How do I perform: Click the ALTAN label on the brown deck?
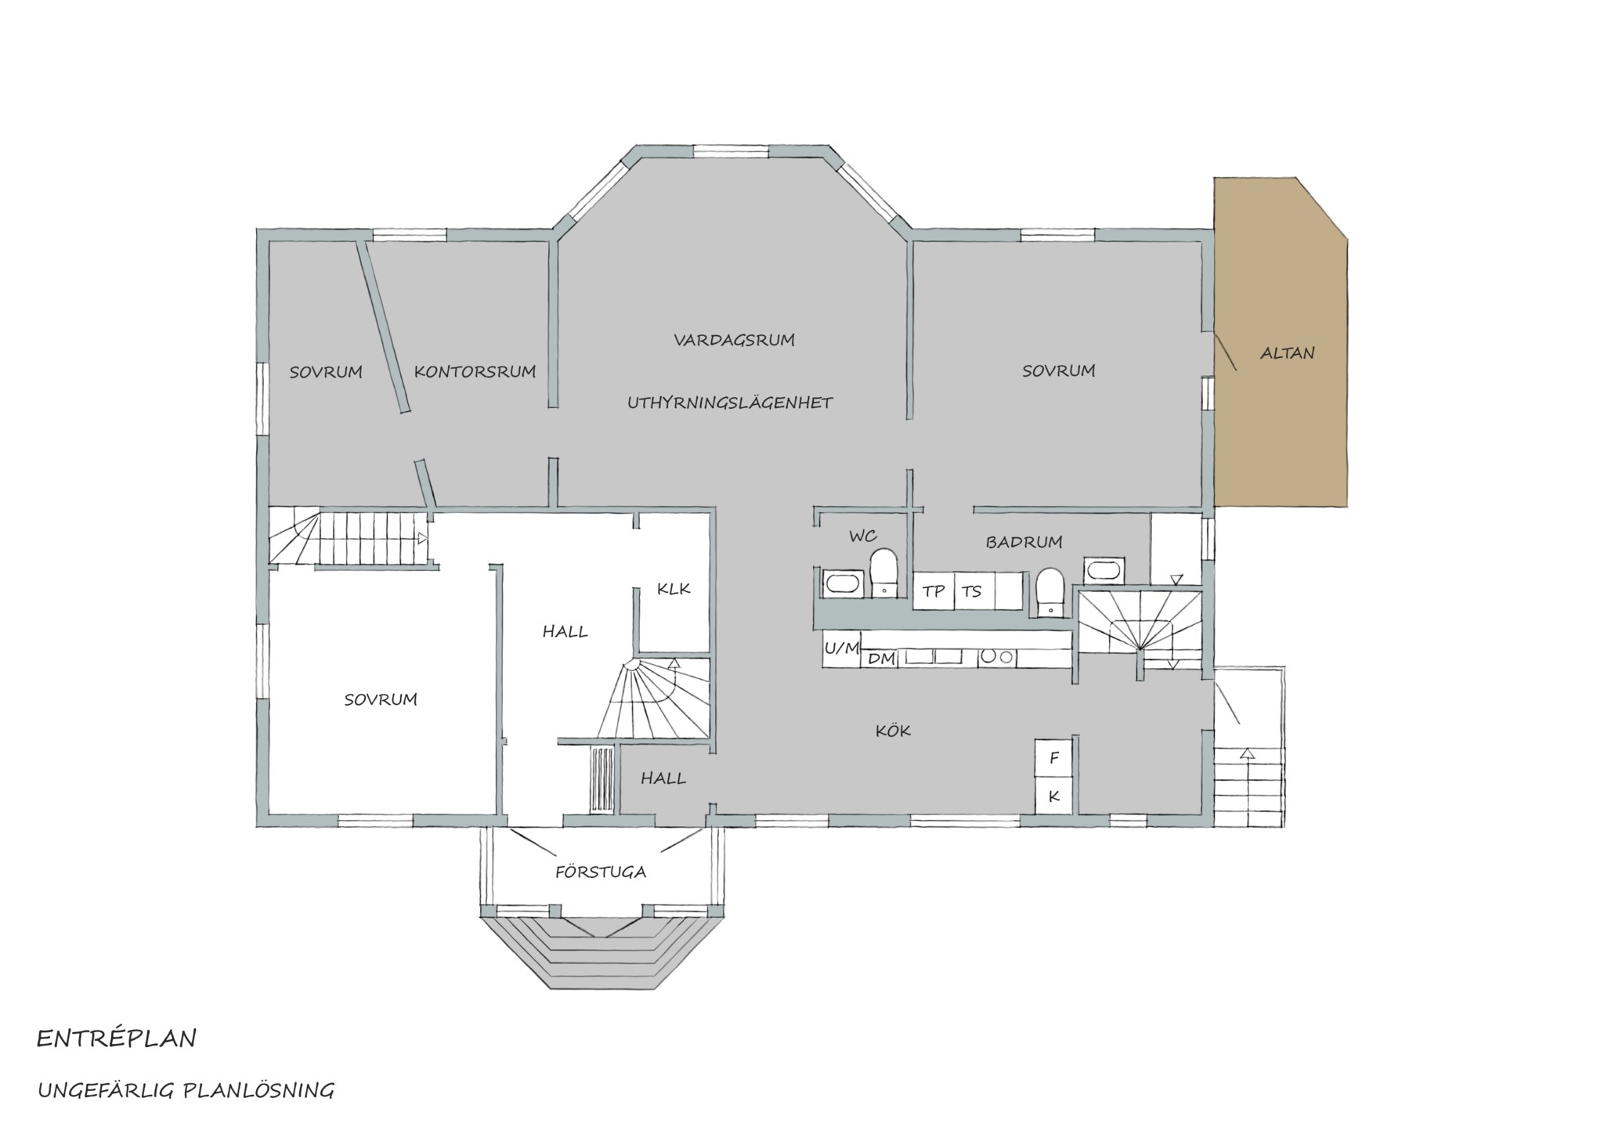click(x=1287, y=353)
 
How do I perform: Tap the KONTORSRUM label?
click(x=475, y=371)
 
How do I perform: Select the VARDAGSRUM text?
click(x=734, y=340)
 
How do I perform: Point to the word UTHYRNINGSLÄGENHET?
click(x=730, y=403)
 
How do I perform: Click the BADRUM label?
click(x=1024, y=542)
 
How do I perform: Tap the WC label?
click(x=863, y=536)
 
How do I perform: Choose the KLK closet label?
click(x=674, y=588)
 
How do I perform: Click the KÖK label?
click(x=893, y=731)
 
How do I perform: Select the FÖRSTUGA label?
click(x=601, y=872)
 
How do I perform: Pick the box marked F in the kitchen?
click(x=1053, y=757)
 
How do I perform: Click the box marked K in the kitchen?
click(x=1053, y=796)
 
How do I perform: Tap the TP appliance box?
click(x=934, y=591)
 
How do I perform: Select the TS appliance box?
click(x=974, y=591)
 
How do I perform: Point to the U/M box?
click(x=841, y=648)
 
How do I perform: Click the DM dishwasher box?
click(x=881, y=659)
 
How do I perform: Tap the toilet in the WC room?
click(x=884, y=573)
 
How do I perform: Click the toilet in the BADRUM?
click(x=1049, y=592)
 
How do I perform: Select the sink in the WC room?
click(x=843, y=583)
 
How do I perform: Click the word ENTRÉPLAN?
click(x=117, y=1039)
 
